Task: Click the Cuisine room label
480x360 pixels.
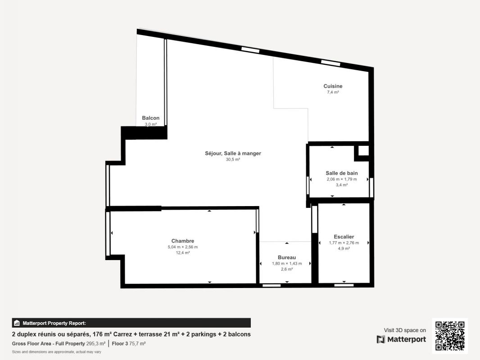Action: click(333, 86)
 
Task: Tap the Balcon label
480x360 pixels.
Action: click(150, 118)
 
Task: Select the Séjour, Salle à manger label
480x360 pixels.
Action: click(233, 153)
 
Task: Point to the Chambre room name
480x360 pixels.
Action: click(183, 241)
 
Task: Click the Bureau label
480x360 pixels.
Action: click(287, 257)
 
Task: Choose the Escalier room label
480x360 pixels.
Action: click(344, 237)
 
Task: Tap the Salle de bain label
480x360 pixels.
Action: click(342, 173)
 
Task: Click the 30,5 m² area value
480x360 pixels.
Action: click(233, 160)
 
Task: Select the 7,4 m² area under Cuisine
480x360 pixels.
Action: click(333, 92)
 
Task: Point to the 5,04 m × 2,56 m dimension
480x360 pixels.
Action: click(183, 247)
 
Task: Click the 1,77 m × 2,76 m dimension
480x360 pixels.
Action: click(344, 243)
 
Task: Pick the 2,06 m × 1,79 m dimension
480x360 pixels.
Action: click(342, 179)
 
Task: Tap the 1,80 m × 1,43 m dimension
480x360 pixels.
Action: click(287, 264)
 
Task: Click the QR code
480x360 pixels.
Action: click(450, 336)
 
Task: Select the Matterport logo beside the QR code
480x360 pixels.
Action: click(401, 339)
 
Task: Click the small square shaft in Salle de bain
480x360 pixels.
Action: click(364, 150)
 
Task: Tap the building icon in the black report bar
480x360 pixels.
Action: click(17, 323)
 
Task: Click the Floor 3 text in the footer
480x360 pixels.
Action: click(120, 344)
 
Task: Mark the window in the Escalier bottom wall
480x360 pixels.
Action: click(344, 285)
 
